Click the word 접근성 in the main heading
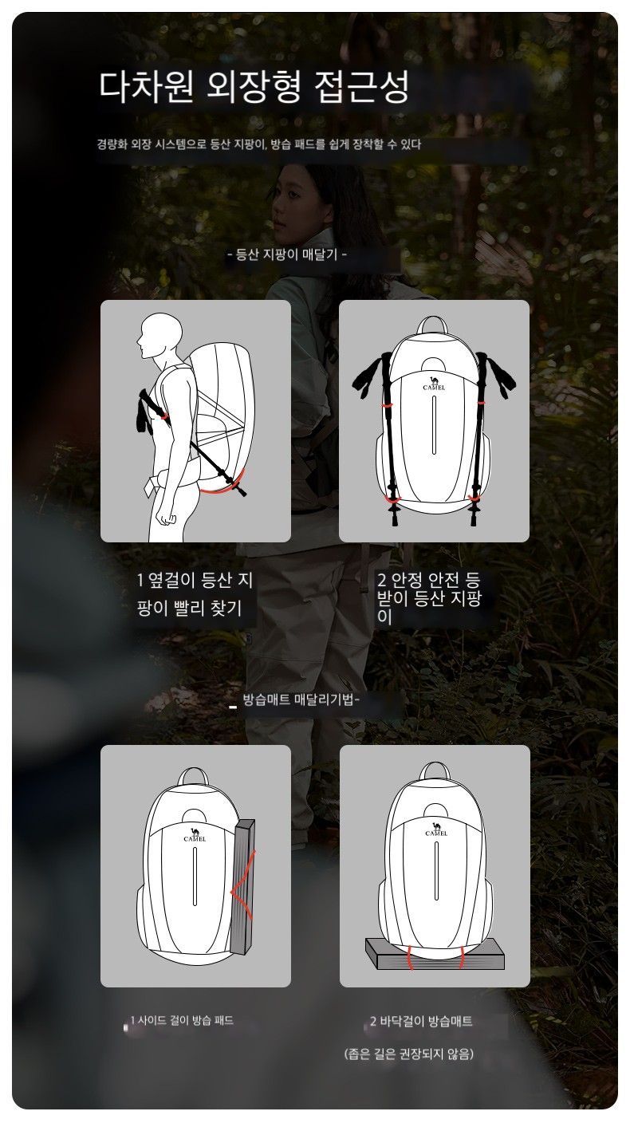pos(362,86)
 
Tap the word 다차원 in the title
pos(146,86)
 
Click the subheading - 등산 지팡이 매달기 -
pos(287,254)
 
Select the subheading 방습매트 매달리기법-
pos(301,699)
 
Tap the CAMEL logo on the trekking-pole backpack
pos(434,383)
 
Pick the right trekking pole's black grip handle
pos(496,373)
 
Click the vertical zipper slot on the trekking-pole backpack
pos(434,425)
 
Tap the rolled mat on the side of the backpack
pos(242,886)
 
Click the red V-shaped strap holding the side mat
pos(243,891)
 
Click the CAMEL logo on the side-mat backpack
pos(195,835)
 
